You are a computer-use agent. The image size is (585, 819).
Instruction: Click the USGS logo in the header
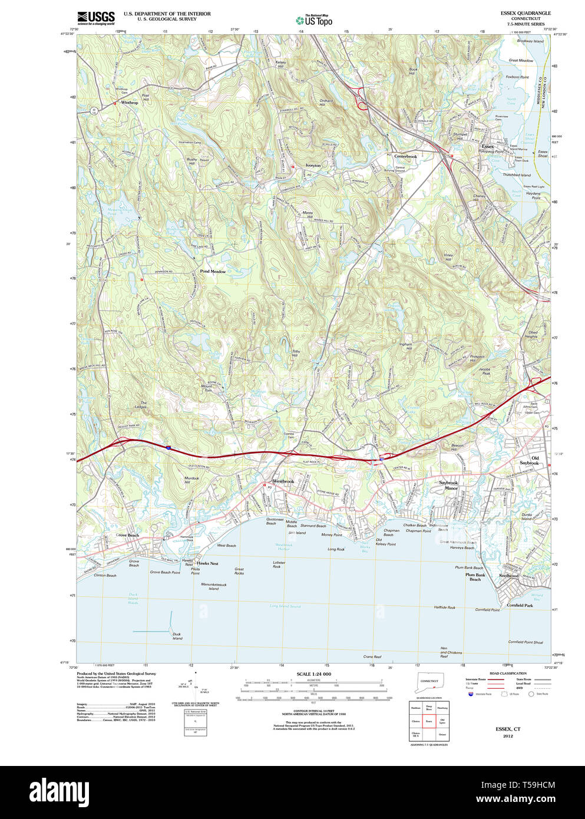coord(95,18)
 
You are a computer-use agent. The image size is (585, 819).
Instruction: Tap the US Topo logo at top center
coord(315,20)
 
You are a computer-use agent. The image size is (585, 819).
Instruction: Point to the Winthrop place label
coord(129,103)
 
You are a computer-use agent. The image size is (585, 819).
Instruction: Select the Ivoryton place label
coord(313,166)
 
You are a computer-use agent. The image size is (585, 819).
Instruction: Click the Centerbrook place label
coord(405,156)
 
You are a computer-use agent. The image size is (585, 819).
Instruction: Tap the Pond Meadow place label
coord(213,272)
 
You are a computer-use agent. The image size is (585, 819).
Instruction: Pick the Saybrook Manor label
coord(448,485)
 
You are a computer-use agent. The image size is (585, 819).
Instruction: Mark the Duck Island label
coord(177,636)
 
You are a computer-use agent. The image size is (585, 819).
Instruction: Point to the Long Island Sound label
coord(285,606)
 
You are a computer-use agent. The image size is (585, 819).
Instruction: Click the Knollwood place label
coord(509,576)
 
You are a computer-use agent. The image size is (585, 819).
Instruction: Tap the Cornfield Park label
coord(520,605)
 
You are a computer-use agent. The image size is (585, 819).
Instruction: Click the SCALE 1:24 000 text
coord(313,674)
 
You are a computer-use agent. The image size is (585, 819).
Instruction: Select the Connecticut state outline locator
coord(429,682)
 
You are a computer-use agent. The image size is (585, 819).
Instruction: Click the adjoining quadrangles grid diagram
coord(429,720)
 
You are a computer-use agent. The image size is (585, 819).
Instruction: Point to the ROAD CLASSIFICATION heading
coord(507,673)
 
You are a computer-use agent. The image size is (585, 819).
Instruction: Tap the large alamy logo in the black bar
coord(60,791)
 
